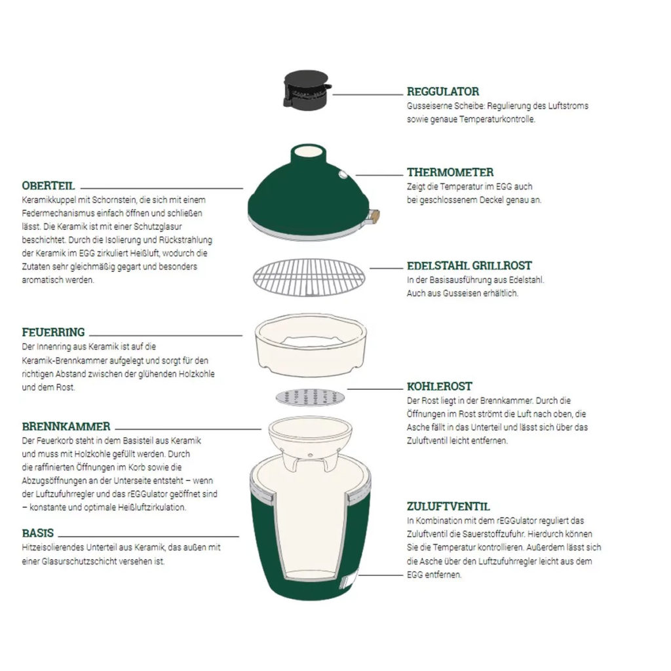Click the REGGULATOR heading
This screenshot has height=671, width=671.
click(x=442, y=92)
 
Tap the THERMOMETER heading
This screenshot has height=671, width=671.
click(x=450, y=172)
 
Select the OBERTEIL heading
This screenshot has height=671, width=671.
click(x=48, y=185)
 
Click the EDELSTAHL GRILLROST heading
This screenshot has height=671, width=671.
click(x=469, y=266)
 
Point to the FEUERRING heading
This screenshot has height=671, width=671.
click(x=53, y=332)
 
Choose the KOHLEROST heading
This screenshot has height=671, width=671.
click(x=439, y=387)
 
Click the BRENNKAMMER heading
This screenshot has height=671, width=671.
click(x=66, y=426)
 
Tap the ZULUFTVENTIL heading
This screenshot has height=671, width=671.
click(x=448, y=507)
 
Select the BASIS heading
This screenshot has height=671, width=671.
click(x=37, y=533)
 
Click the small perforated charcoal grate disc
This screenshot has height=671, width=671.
click(x=307, y=396)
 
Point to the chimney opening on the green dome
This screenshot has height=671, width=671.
click(x=309, y=151)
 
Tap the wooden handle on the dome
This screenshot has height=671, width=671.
click(x=374, y=215)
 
